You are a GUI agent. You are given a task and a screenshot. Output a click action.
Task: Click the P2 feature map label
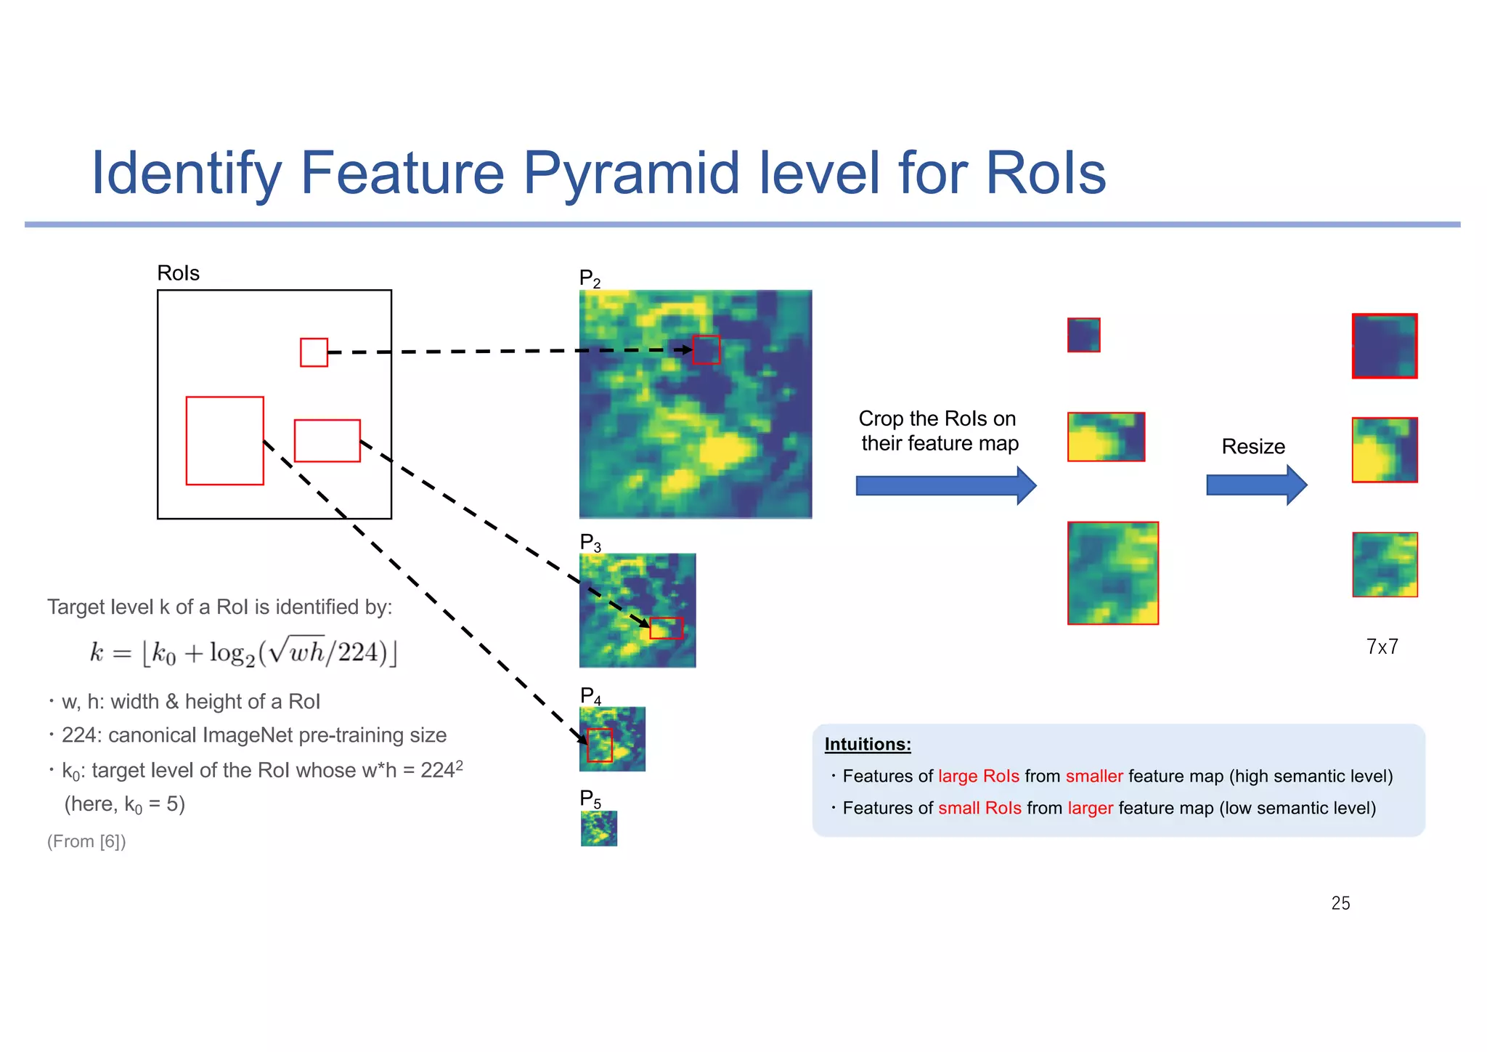[590, 278]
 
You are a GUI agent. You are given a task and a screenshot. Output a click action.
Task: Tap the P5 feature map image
[599, 828]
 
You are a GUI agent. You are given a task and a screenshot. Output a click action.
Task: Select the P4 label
[590, 696]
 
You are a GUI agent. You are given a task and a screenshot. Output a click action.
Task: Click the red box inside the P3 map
[666, 628]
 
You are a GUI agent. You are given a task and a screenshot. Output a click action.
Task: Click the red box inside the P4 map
[600, 745]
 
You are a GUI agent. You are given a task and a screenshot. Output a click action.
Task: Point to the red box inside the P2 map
[706, 349]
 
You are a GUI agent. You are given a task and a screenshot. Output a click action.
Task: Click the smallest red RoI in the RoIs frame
[314, 352]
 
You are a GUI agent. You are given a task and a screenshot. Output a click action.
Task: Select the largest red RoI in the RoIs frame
[224, 440]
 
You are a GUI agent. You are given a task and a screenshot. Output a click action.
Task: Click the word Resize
[1253, 446]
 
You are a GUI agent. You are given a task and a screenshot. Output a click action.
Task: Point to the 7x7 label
[1382, 647]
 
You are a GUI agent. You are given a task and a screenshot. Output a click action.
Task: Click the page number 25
[1340, 903]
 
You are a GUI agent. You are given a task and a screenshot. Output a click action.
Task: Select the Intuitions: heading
[868, 744]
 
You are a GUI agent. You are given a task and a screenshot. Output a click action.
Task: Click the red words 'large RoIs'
[978, 776]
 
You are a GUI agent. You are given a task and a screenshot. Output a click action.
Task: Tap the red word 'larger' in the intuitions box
[1090, 808]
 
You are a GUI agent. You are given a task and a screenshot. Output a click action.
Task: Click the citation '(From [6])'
[86, 841]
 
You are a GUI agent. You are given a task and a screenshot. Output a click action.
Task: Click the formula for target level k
[243, 652]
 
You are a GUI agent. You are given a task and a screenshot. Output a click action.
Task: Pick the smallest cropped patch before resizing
[1083, 335]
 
